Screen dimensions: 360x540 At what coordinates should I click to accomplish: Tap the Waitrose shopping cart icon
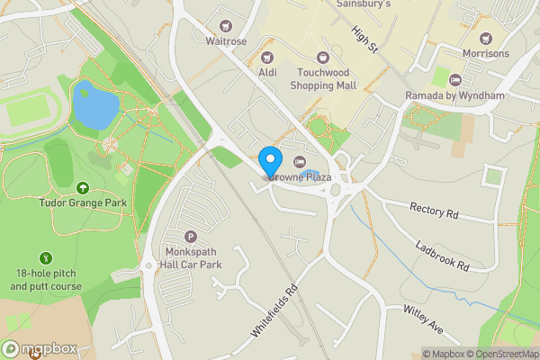pos(225,27)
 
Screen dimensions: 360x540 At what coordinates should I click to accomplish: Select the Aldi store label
pos(266,71)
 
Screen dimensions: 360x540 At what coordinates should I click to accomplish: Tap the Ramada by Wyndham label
pos(454,95)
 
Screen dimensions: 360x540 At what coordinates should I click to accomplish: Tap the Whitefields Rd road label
pos(274,311)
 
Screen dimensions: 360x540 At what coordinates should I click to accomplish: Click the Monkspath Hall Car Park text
pos(190,257)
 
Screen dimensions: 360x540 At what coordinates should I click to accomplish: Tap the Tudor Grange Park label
pos(83,202)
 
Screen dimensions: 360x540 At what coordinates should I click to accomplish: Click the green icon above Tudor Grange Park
pos(83,188)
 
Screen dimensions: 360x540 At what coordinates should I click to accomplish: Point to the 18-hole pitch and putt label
pos(48,279)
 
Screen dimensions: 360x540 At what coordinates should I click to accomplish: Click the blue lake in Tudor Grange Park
pos(94,106)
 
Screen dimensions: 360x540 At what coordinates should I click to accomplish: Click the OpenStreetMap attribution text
pos(499,354)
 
